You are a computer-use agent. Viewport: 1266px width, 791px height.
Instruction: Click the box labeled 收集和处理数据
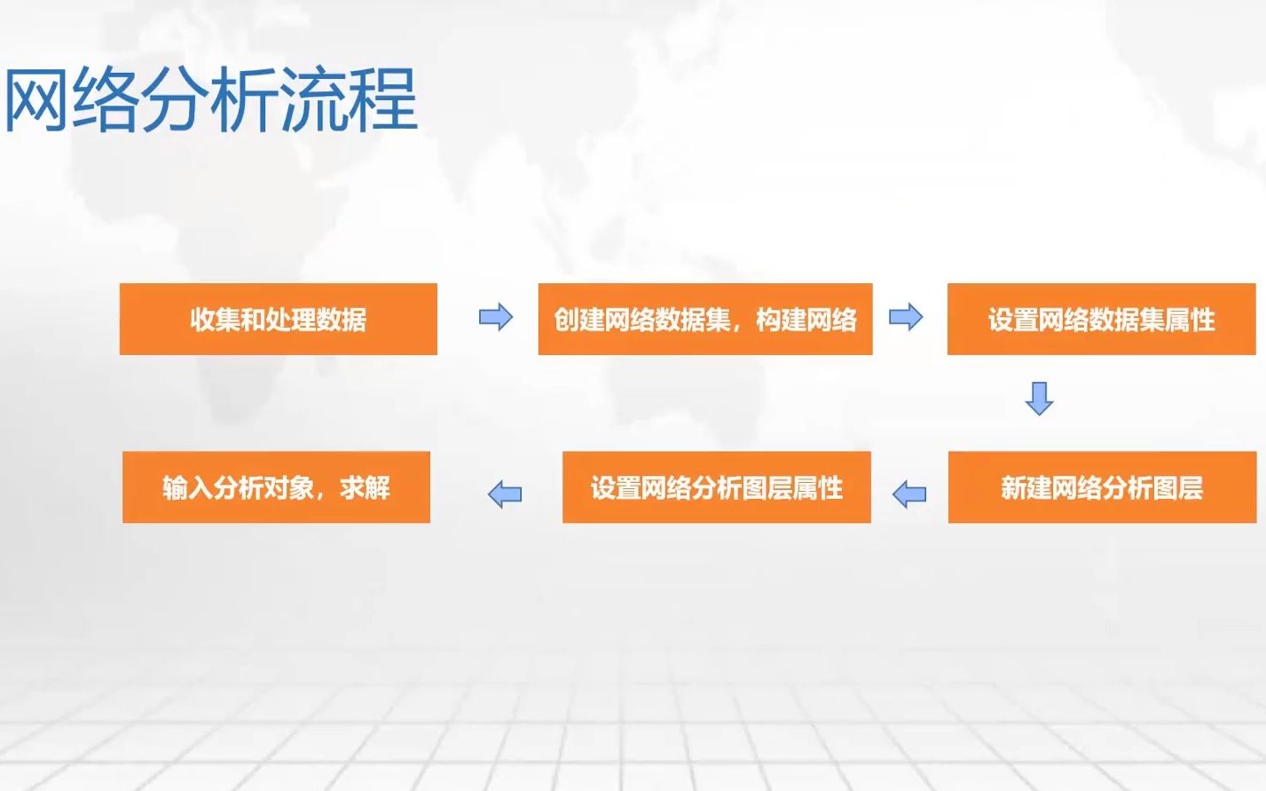[x=278, y=319]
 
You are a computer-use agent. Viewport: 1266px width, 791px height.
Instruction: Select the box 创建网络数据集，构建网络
[x=705, y=319]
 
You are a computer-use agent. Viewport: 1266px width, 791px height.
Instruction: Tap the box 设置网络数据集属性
[x=1102, y=319]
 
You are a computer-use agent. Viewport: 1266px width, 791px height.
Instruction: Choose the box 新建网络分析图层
[x=1102, y=486]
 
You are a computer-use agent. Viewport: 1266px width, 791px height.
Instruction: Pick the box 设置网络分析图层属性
[x=717, y=486]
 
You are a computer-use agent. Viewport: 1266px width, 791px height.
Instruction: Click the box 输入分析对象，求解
[x=277, y=486]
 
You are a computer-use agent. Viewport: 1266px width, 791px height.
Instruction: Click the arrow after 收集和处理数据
[x=496, y=317]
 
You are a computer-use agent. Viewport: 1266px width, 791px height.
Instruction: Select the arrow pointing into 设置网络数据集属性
[x=906, y=317]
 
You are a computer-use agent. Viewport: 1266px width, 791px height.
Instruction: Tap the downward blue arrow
[x=1039, y=399]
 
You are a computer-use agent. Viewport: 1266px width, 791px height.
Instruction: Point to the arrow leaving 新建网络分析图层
[x=909, y=494]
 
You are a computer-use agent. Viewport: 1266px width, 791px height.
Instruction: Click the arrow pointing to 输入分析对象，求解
[x=505, y=494]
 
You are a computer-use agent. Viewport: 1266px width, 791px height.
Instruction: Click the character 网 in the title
[x=35, y=99]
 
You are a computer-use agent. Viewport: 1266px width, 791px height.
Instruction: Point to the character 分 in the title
[x=174, y=99]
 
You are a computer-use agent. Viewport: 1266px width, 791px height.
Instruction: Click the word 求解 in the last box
[x=366, y=488]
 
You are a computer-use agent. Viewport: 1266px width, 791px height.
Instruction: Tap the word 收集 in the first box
[x=216, y=320]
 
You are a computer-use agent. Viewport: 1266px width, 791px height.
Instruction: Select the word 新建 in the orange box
[x=1026, y=488]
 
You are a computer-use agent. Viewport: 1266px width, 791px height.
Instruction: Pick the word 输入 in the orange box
[x=188, y=488]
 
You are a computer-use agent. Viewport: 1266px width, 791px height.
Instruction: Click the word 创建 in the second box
[x=578, y=320]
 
